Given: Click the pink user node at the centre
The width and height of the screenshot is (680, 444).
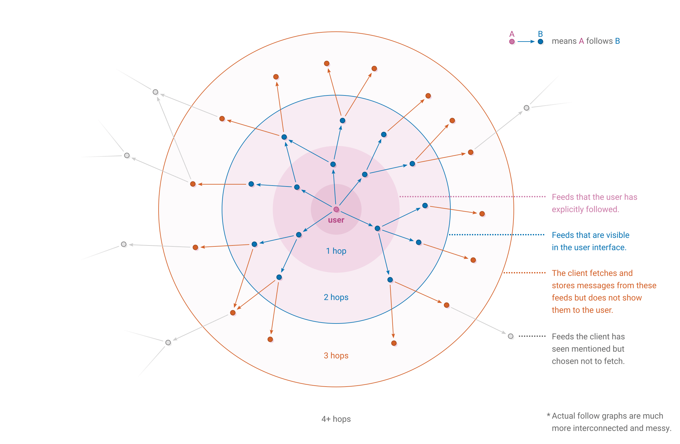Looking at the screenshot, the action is (336, 209).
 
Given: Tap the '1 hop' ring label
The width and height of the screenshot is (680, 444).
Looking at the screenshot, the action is (336, 251).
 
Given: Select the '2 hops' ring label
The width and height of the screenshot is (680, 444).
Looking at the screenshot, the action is (336, 297).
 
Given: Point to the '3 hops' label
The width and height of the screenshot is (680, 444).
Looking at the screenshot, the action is (336, 356).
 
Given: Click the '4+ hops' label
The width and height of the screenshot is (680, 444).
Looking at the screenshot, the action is (336, 419).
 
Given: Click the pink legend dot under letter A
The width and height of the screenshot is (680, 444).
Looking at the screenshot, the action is (512, 42).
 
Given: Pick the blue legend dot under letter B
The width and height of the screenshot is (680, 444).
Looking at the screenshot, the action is (540, 42).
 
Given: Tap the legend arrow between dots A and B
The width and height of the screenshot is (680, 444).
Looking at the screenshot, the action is (526, 42).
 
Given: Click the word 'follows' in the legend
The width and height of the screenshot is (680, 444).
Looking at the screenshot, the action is (599, 41).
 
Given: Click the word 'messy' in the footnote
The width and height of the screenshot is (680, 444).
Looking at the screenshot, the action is (659, 428).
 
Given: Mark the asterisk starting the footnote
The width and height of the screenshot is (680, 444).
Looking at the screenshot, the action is (548, 415).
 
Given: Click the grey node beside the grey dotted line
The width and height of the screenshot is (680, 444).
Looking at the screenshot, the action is (511, 336).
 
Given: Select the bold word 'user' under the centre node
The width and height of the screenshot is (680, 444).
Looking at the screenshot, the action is (336, 220).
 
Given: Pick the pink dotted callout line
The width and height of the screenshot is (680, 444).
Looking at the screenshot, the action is (473, 197).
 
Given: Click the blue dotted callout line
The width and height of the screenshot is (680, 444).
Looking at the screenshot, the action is (497, 235).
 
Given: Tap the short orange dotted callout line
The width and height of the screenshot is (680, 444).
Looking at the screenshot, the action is (525, 273).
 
